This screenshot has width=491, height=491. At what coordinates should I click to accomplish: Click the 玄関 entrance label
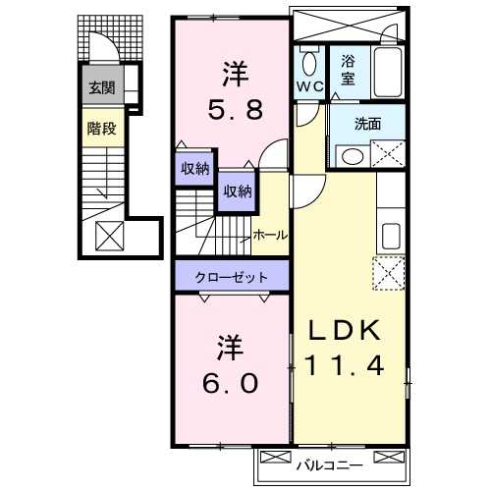(x=101, y=87)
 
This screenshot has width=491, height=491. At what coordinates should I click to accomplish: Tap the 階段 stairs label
(x=101, y=127)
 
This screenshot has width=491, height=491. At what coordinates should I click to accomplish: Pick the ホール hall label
(x=269, y=235)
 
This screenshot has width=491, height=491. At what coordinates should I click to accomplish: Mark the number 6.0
(x=232, y=381)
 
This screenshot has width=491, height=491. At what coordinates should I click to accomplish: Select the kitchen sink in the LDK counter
(x=391, y=237)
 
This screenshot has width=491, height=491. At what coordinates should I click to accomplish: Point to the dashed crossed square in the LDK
(x=389, y=271)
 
